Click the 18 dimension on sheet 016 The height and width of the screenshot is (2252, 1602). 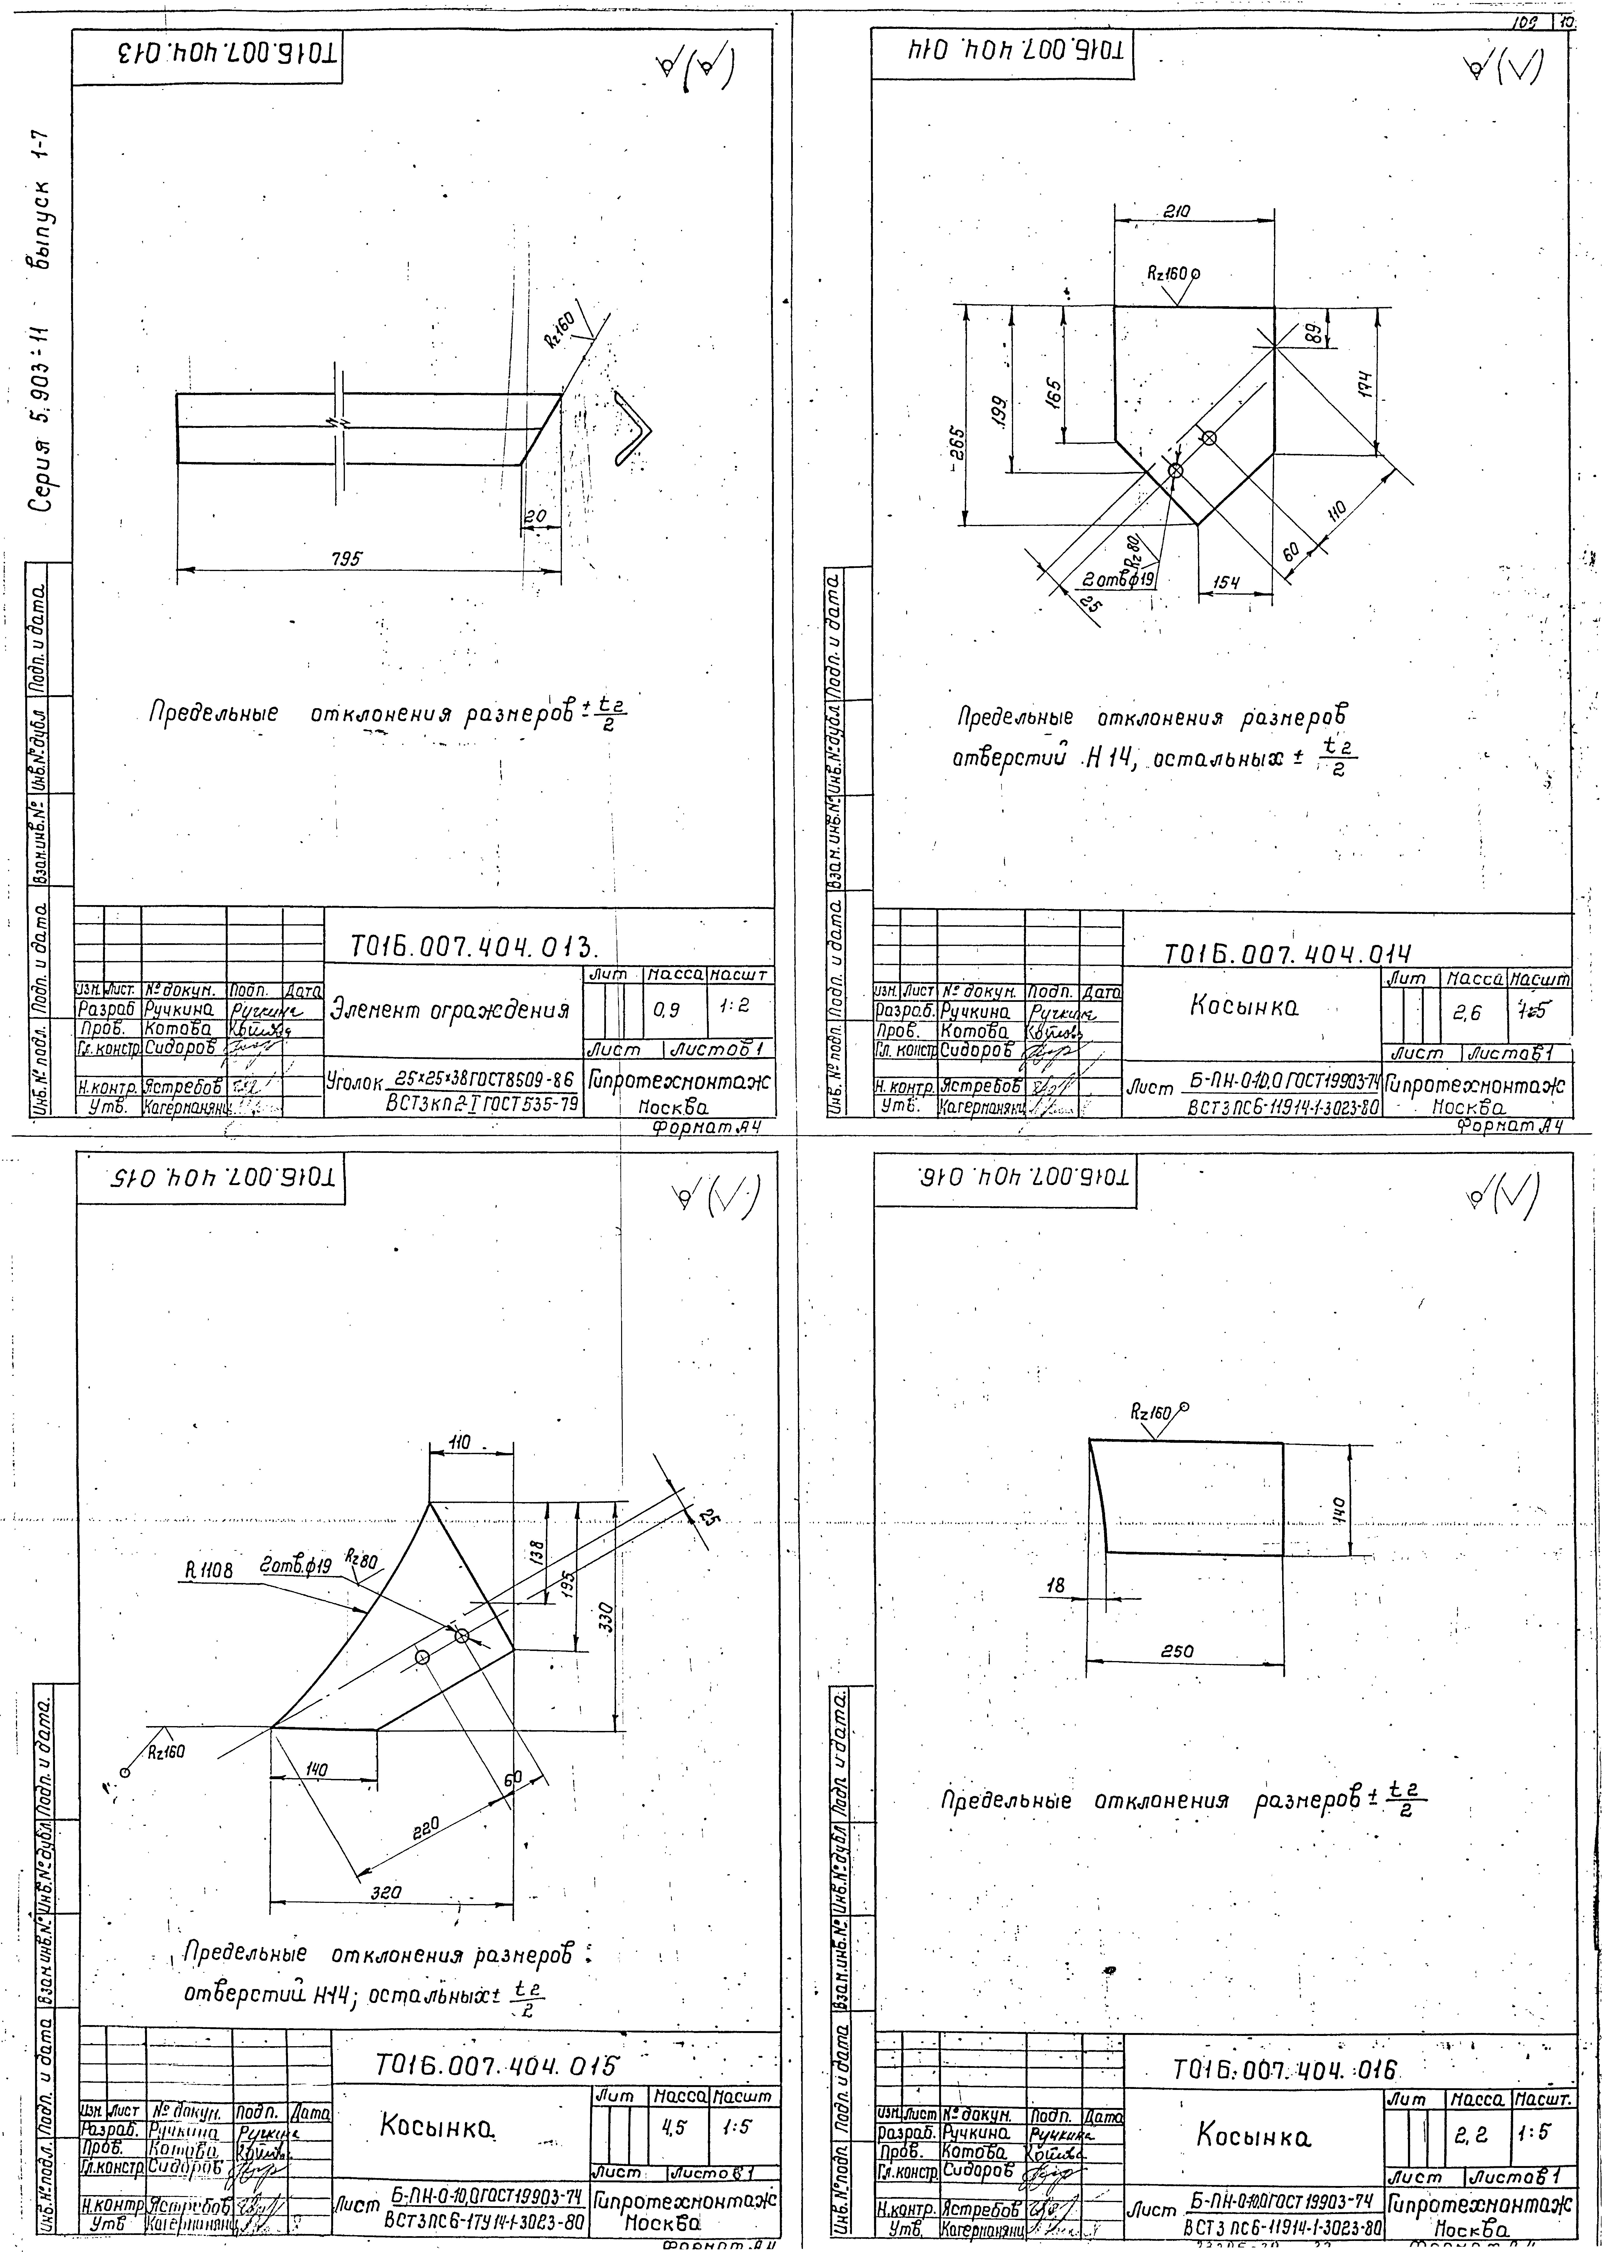click(x=1056, y=1585)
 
